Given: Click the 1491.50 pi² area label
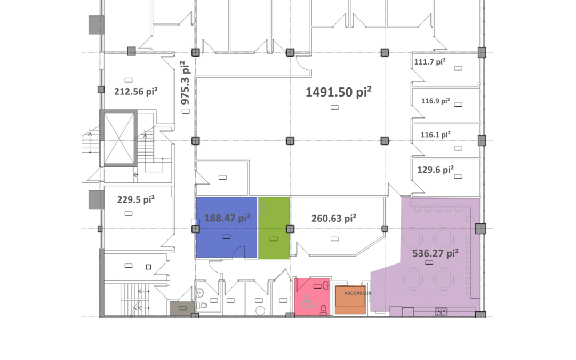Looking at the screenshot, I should tap(338, 92).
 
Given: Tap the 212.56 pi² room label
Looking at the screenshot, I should tap(135, 91).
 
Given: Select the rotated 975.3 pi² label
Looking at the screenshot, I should tap(185, 82).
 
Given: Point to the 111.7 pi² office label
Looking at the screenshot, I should tap(430, 62).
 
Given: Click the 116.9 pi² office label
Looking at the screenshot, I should tap(436, 100).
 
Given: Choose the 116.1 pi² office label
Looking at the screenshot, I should tap(436, 135).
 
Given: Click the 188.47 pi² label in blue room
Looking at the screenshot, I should tap(227, 218).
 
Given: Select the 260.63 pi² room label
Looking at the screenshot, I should tap(334, 218).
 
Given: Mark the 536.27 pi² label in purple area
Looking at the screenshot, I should tap(436, 253).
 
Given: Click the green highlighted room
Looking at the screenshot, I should tap(274, 228).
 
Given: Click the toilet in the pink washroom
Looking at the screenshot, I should tap(324, 308).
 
